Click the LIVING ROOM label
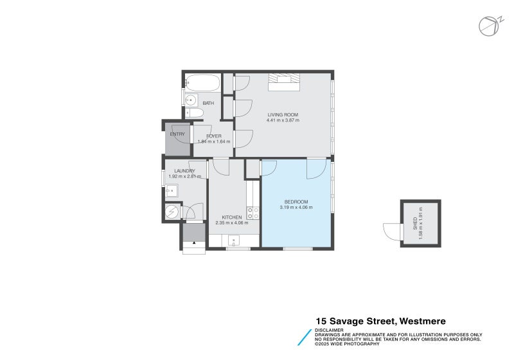point(283,114)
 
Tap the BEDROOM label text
point(296,201)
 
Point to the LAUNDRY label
point(175,170)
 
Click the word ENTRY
point(177,134)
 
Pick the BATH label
point(208,103)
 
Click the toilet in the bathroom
point(195,114)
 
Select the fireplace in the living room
point(283,80)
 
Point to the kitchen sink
point(234,241)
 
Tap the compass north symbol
point(488,25)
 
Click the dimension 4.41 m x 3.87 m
point(283,120)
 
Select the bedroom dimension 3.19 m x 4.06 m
point(296,207)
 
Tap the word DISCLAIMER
point(329,330)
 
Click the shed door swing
point(390,230)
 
